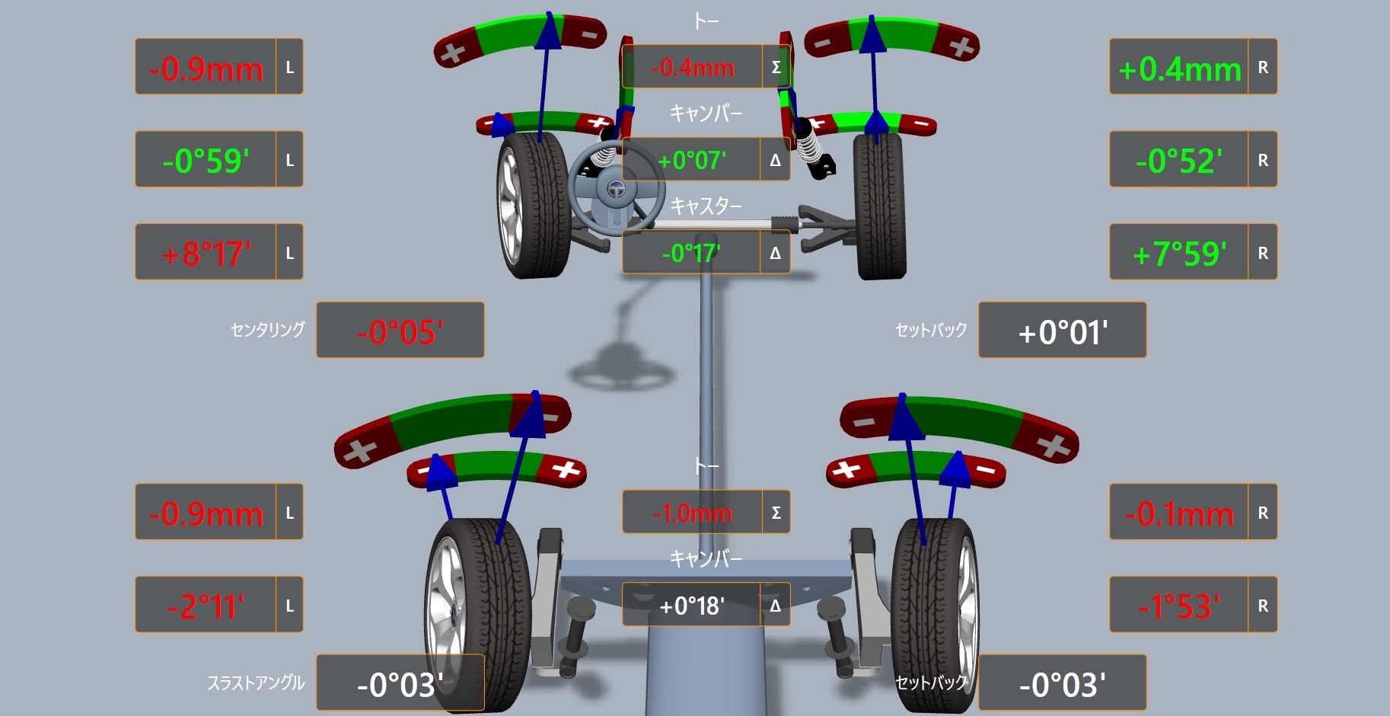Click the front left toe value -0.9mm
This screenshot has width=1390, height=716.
206,69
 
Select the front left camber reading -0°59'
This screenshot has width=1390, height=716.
206,161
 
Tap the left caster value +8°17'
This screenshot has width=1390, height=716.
206,254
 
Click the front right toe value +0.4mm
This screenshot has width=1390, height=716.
1180,69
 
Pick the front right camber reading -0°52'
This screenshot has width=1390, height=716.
1180,161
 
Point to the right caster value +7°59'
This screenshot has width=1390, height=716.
1180,254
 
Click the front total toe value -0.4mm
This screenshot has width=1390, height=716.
693,68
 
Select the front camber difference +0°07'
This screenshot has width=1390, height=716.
692,160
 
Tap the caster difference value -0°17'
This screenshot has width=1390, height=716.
691,252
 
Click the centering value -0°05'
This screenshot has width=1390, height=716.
400,332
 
